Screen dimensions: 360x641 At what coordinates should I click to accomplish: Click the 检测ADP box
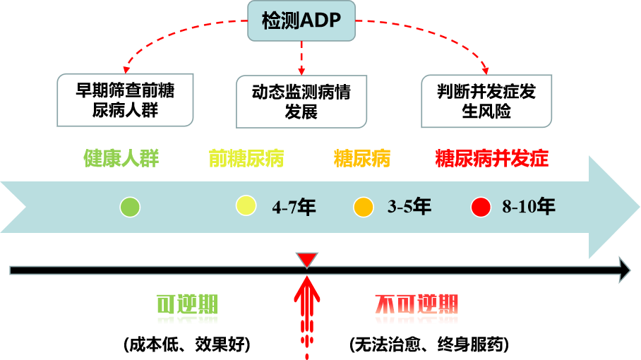pyautogui.click(x=301, y=21)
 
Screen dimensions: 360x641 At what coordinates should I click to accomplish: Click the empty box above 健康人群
pyautogui.click(x=125, y=100)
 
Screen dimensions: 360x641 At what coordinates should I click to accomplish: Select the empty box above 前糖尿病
pyautogui.click(x=301, y=102)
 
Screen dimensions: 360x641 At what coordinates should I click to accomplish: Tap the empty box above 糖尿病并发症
pyautogui.click(x=486, y=102)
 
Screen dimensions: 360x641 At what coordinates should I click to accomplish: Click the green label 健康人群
pyautogui.click(x=121, y=158)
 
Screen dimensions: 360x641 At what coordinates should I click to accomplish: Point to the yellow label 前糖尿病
pyautogui.click(x=246, y=158)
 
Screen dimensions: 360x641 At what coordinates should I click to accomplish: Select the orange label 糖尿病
pyautogui.click(x=361, y=158)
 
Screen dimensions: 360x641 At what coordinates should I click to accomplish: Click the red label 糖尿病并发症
pyautogui.click(x=491, y=158)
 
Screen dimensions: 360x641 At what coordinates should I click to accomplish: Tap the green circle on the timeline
pyautogui.click(x=130, y=207)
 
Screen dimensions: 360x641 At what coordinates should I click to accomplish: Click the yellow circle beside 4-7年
pyautogui.click(x=246, y=205)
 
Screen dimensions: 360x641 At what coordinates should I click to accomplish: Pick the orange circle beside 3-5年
pyautogui.click(x=363, y=207)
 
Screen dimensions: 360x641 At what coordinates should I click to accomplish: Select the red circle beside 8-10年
pyautogui.click(x=481, y=207)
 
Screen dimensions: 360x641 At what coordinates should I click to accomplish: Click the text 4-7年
pyautogui.click(x=294, y=207)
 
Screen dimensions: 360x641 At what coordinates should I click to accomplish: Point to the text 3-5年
pyautogui.click(x=409, y=207)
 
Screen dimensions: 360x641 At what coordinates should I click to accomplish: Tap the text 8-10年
pyautogui.click(x=529, y=207)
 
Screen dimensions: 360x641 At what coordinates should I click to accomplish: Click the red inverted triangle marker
pyautogui.click(x=306, y=260)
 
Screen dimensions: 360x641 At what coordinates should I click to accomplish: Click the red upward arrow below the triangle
pyautogui.click(x=306, y=304)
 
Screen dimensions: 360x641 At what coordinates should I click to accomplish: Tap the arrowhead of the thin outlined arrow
pyautogui.click(x=625, y=270)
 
